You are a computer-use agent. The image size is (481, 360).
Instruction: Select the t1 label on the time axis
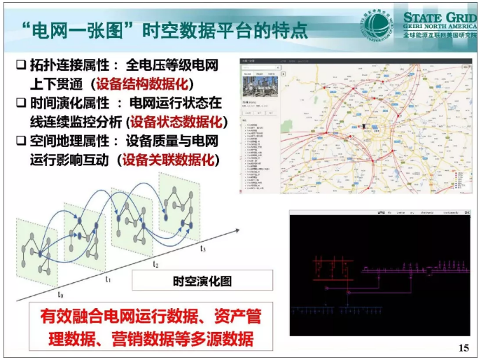click(x=107, y=279)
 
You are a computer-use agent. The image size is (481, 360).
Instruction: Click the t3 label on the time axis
click(x=202, y=249)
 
